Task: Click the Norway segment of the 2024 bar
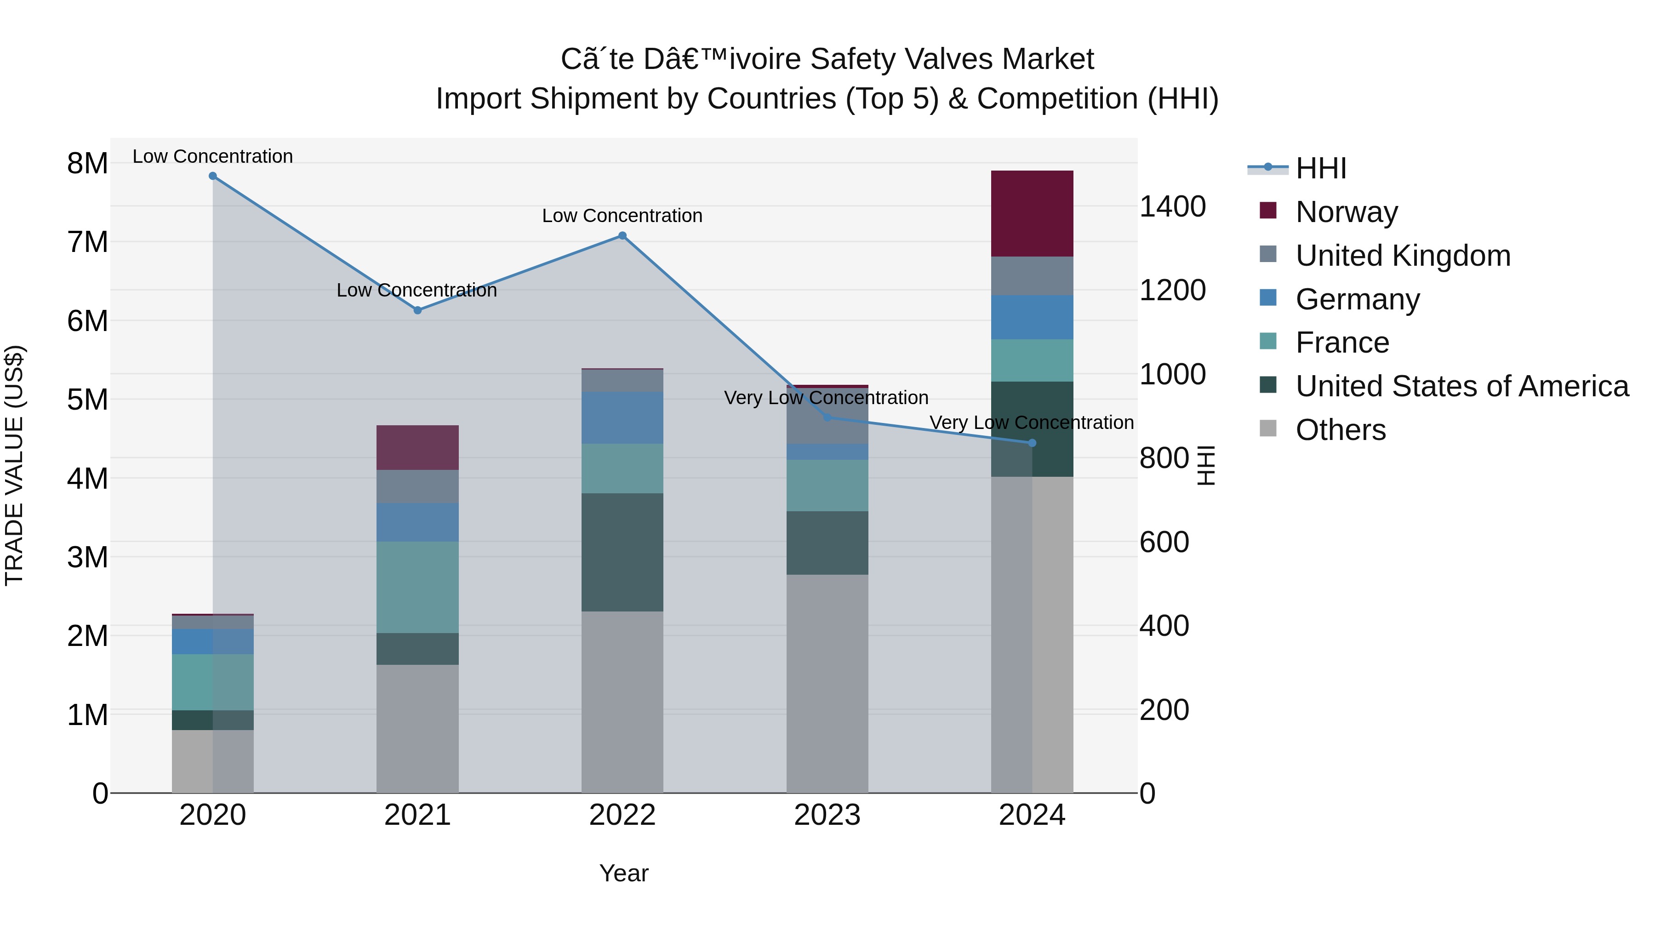coord(1032,213)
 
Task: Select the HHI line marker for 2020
coord(213,176)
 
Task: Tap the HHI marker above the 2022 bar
coord(622,236)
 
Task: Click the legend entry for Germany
coord(1357,299)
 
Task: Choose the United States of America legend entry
coord(1461,386)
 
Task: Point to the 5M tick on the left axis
coord(87,400)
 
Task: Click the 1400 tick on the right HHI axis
coord(1172,207)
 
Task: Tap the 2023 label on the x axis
coord(827,815)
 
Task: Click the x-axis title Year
coord(623,873)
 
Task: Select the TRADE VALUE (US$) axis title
coord(14,465)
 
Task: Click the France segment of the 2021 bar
coord(417,587)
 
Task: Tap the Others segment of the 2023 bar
coord(827,683)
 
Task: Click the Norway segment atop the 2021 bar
coord(417,447)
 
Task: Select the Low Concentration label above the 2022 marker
coord(622,216)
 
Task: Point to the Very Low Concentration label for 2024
coord(1031,423)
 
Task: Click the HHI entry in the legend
coord(1320,168)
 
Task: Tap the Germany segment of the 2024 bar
coord(1032,317)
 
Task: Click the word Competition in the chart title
coord(1057,99)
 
